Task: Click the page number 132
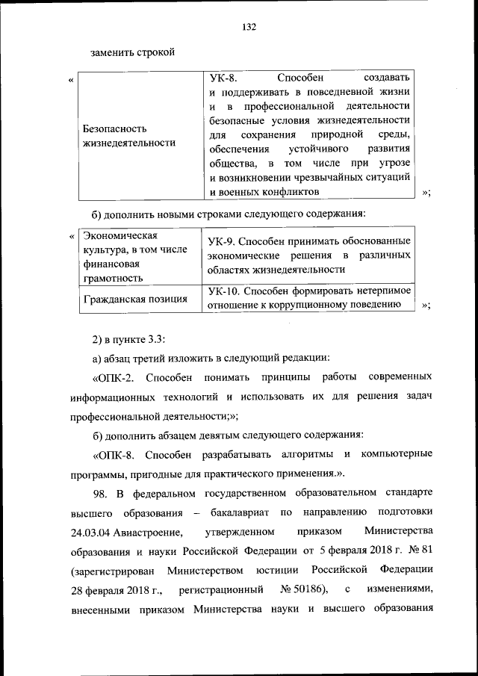pos(249,27)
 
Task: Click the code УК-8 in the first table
pos(223,78)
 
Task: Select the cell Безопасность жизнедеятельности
pos(128,136)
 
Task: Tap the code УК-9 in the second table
pos(223,241)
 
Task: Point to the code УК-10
pos(225,290)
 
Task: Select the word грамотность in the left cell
pos(113,278)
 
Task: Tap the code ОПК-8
pos(114,454)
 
